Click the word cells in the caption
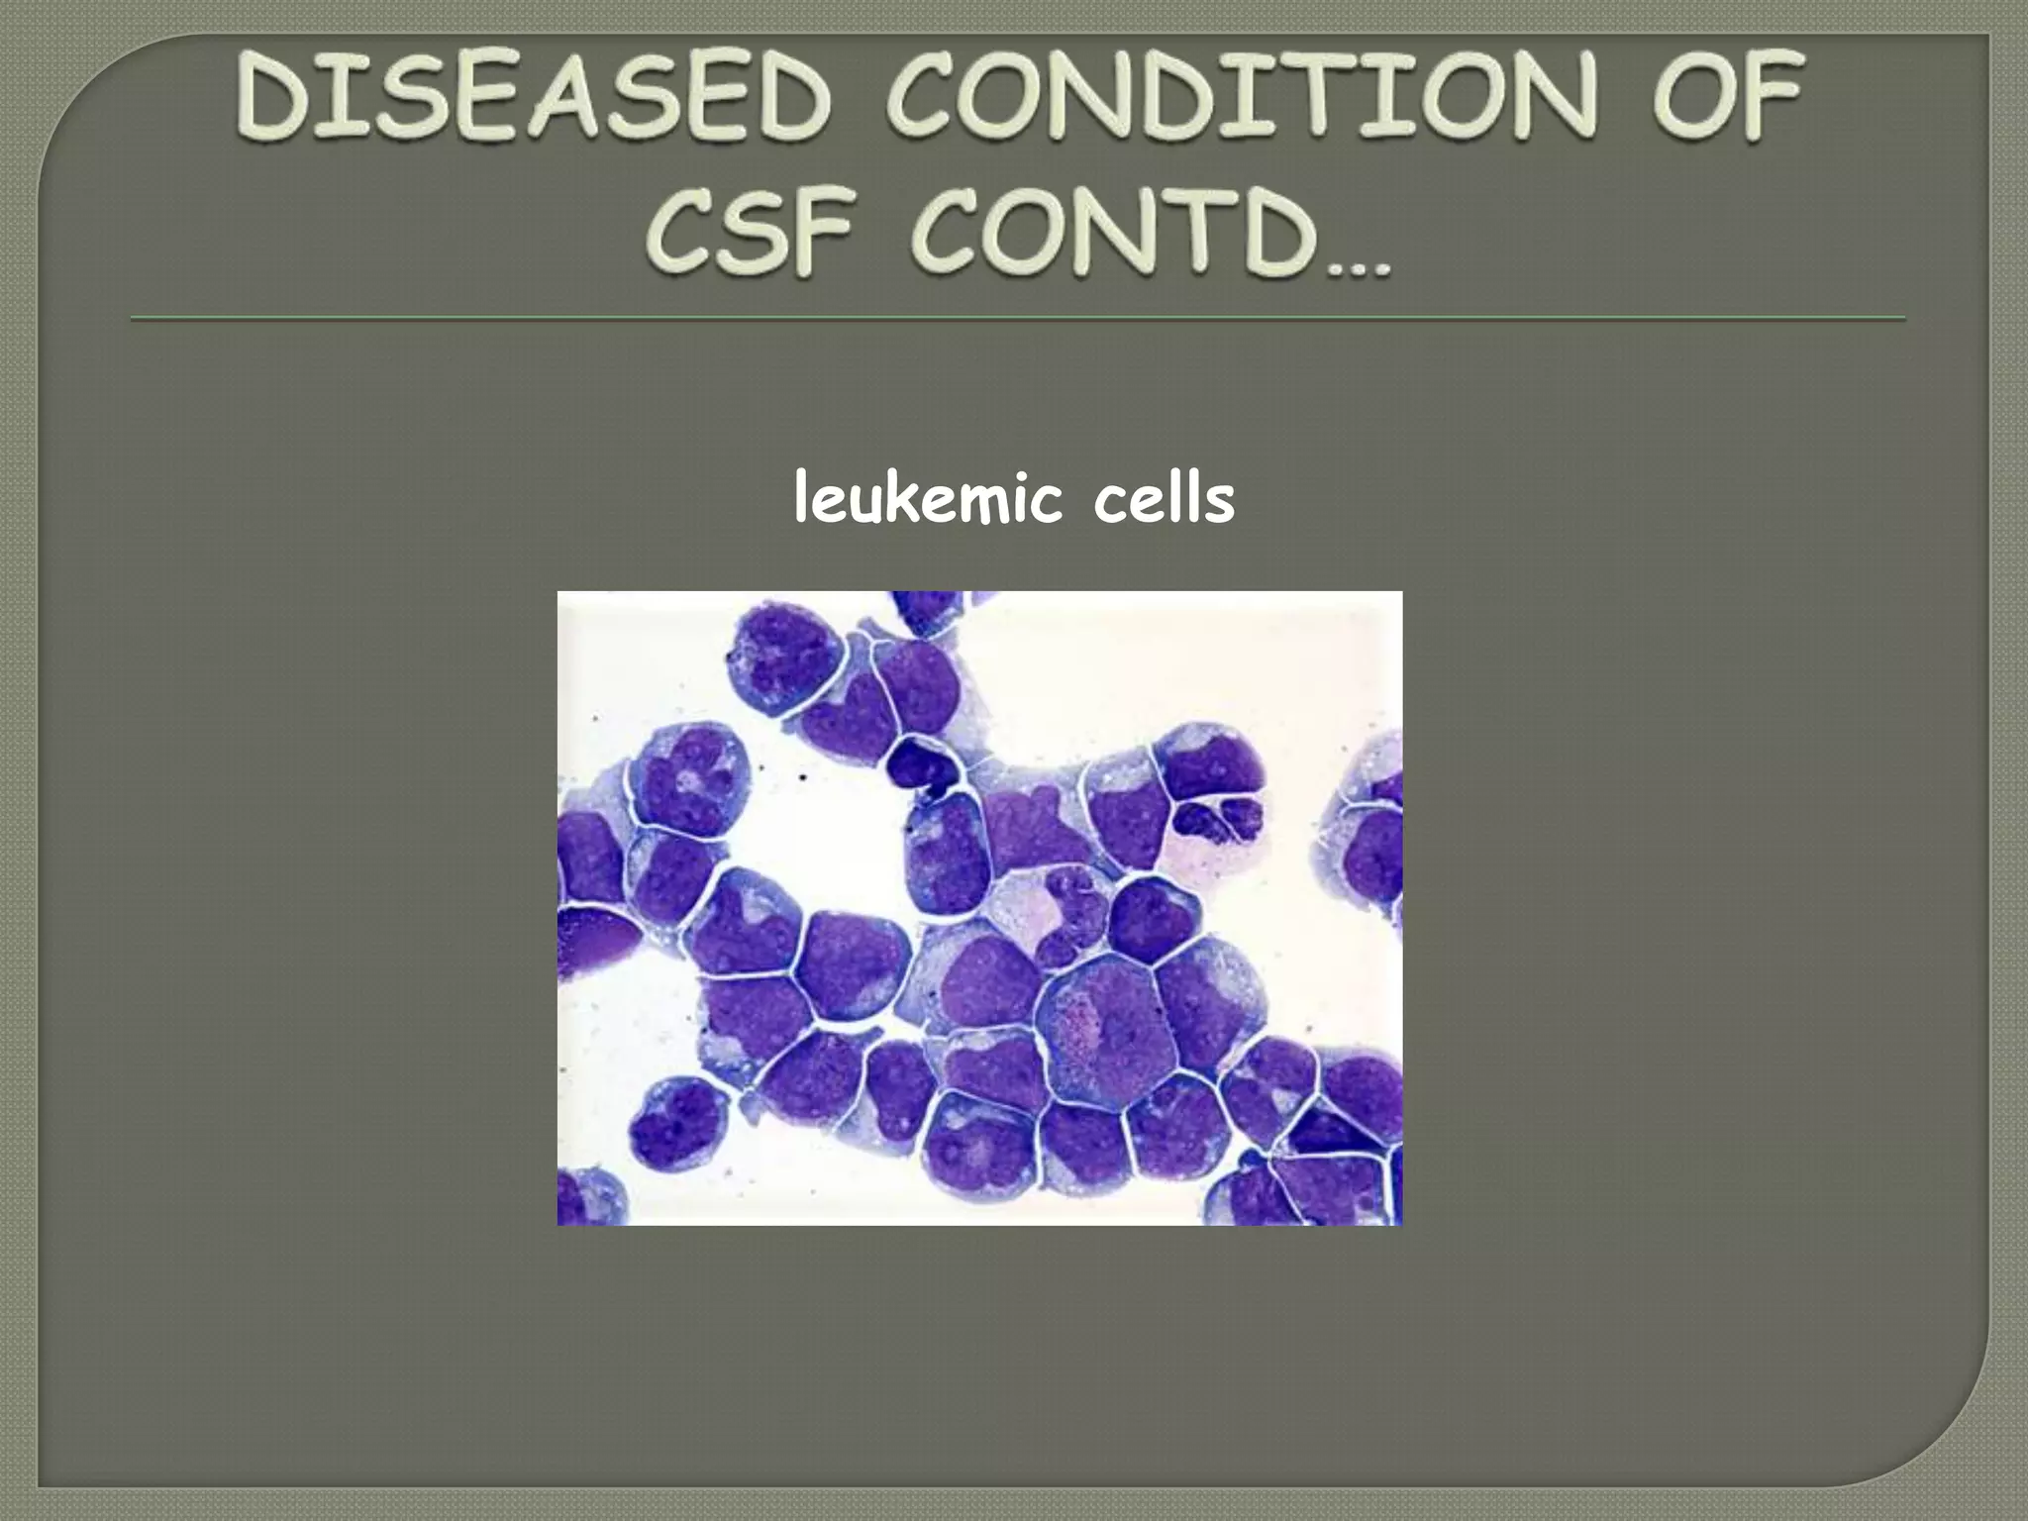click(1165, 500)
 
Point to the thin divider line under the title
click(1017, 319)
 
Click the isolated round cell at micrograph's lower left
click(675, 1118)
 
